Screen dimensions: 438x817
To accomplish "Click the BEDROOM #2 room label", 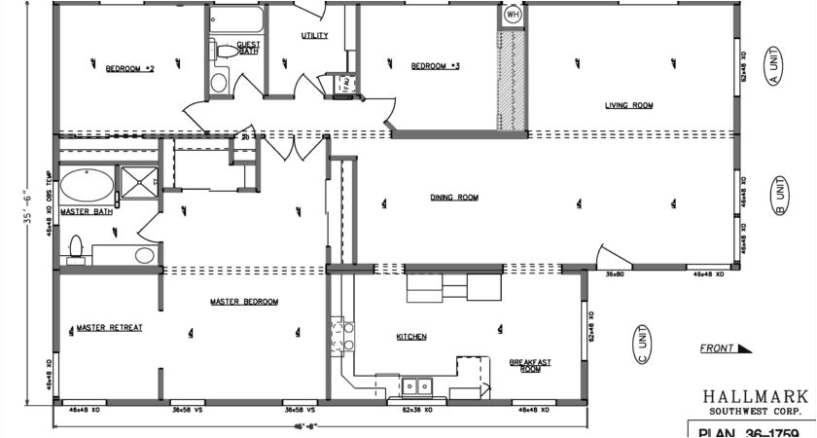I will point(130,69).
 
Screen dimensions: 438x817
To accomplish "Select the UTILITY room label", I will point(314,36).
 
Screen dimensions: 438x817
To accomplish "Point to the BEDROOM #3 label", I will point(435,66).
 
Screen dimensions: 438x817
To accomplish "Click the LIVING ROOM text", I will point(628,105).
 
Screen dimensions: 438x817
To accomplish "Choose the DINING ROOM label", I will point(454,198).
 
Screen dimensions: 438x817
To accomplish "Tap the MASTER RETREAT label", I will point(110,328).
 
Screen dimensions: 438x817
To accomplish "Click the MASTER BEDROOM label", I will point(244,303).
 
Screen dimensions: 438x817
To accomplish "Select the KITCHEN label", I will point(411,337).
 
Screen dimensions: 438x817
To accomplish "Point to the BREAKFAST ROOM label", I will point(531,366).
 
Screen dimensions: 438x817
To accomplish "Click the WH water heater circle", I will point(513,17).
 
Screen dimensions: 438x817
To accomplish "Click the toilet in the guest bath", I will point(221,53).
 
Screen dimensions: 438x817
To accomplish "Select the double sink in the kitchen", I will point(418,386).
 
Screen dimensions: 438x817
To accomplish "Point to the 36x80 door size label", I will point(615,275).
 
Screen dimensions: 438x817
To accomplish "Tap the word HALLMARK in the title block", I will point(756,396).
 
